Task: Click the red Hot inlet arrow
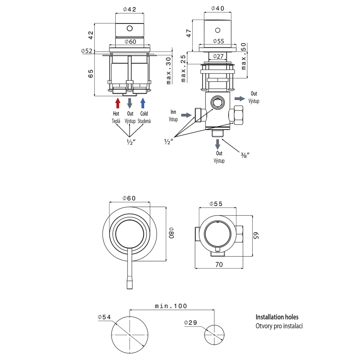click(x=118, y=103)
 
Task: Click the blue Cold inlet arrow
click(x=143, y=103)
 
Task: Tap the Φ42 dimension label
click(x=130, y=9)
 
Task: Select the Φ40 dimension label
click(x=218, y=8)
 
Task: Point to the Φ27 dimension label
click(x=218, y=56)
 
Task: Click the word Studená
click(x=144, y=121)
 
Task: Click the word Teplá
click(x=116, y=121)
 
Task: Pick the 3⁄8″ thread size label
click(x=245, y=155)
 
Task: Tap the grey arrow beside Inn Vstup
click(x=186, y=115)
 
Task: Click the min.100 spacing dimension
click(x=171, y=306)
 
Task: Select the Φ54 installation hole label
click(x=104, y=317)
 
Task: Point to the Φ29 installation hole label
click(x=190, y=323)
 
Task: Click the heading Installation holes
click(x=277, y=317)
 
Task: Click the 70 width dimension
click(x=219, y=265)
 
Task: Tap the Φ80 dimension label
click(x=171, y=233)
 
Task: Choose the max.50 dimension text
click(x=244, y=56)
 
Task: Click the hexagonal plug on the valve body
click(x=218, y=102)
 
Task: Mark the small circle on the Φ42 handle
click(x=130, y=28)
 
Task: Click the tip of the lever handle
click(x=130, y=288)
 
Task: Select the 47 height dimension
click(x=189, y=33)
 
